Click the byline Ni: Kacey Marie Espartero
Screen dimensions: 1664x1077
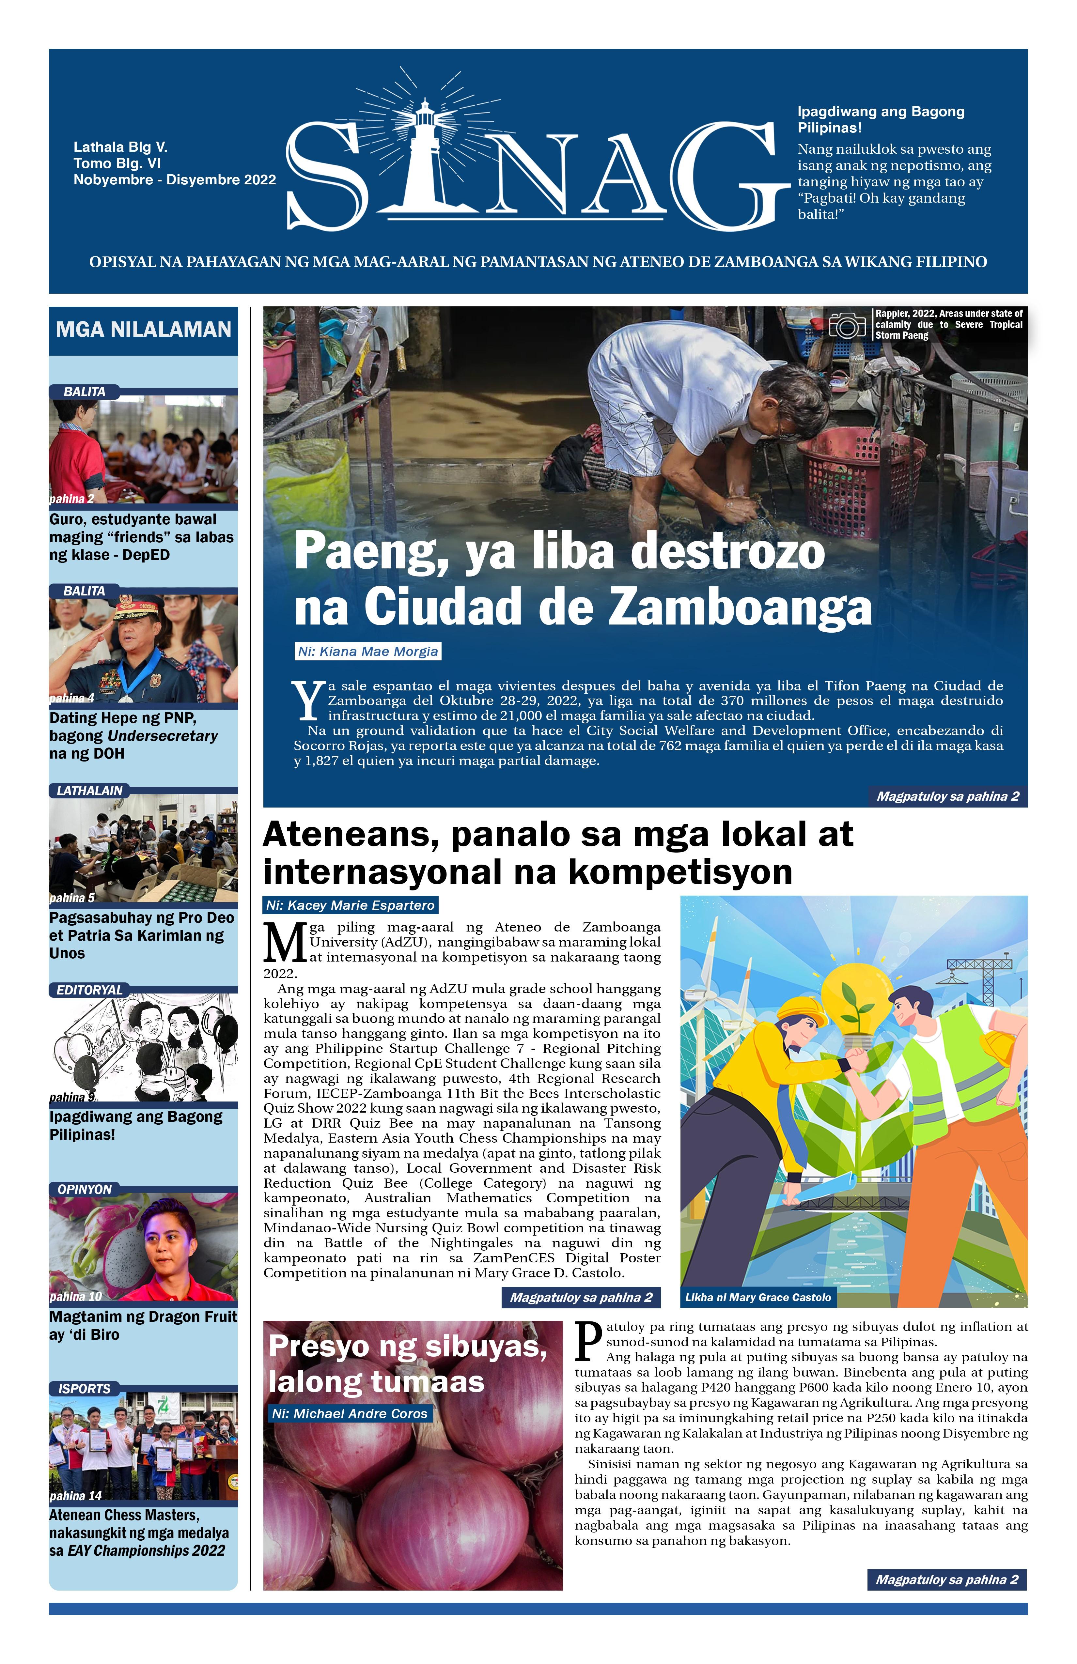351,905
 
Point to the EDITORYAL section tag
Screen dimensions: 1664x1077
89,990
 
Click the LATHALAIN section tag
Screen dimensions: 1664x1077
89,791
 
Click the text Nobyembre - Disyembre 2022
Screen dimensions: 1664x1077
175,180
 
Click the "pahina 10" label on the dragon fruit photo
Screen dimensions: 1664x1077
75,1297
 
